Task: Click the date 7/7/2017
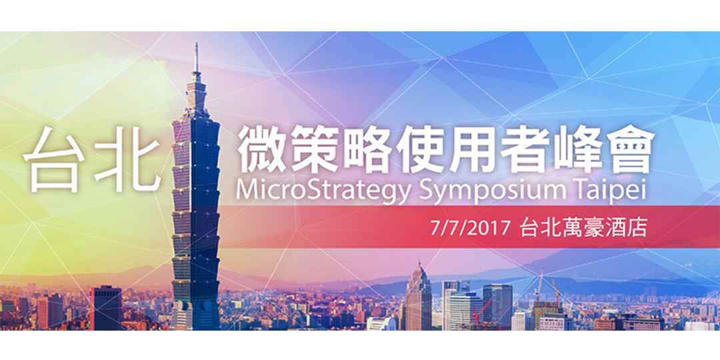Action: click(x=471, y=228)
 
